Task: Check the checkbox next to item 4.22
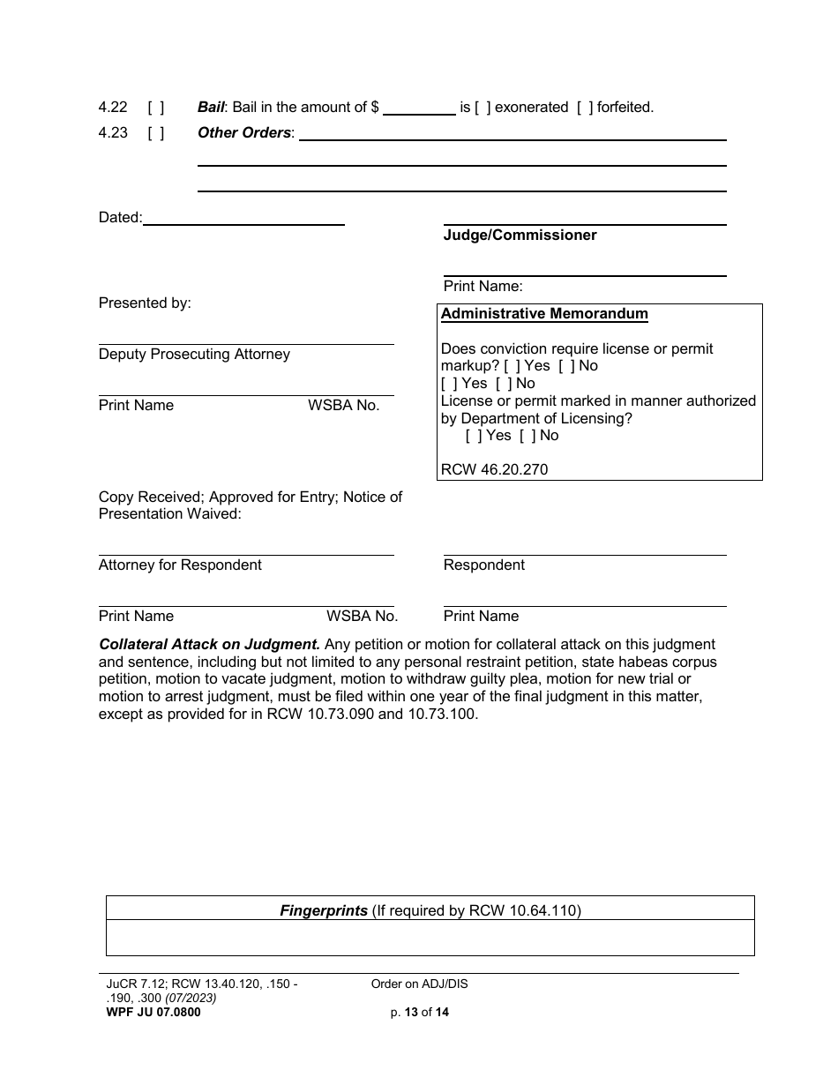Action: point(155,108)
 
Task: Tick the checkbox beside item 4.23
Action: point(155,133)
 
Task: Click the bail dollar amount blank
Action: point(419,108)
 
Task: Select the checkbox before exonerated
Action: point(483,108)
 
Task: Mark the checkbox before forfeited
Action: point(585,108)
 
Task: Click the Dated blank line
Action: point(243,218)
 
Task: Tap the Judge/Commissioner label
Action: point(520,236)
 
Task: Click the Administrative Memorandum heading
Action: point(544,314)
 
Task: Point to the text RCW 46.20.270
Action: point(494,469)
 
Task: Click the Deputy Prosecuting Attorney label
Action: point(194,355)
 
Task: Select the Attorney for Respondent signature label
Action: point(180,565)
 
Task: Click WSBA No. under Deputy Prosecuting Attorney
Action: point(343,406)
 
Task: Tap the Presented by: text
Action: point(145,303)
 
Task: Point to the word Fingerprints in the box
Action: point(324,910)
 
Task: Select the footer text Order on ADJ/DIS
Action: point(419,984)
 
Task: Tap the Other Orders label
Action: point(244,133)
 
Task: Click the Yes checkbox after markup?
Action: point(512,366)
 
